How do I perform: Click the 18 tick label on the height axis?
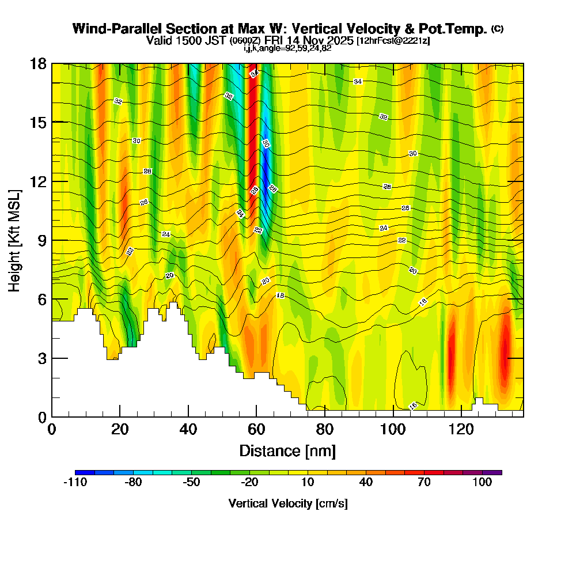click(x=39, y=63)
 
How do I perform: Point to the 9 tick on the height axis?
click(x=52, y=240)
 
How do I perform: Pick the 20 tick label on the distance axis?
click(x=120, y=429)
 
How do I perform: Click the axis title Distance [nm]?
click(x=287, y=450)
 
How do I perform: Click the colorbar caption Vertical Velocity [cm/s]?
click(x=288, y=503)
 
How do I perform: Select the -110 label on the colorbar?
click(x=75, y=483)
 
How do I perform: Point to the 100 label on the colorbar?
click(x=482, y=483)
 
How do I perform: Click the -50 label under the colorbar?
click(x=191, y=483)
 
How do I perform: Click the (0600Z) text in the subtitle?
click(x=245, y=41)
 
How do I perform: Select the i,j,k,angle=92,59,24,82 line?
click(x=287, y=48)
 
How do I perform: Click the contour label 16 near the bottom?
click(x=412, y=407)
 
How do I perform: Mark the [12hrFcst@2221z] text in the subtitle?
click(x=393, y=41)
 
